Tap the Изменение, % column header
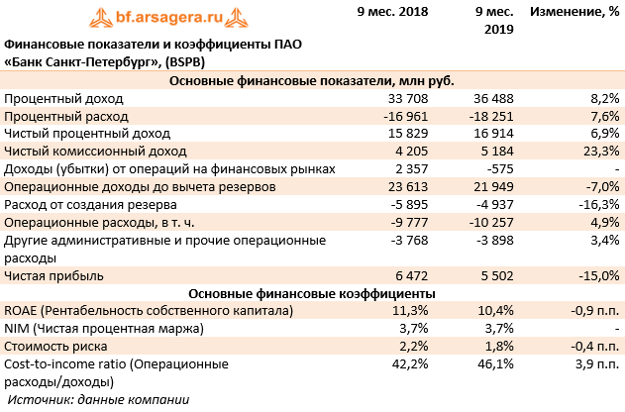[575, 12]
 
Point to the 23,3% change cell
[599, 152]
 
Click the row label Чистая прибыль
[53, 275]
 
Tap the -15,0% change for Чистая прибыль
[596, 275]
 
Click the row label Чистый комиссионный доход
[95, 152]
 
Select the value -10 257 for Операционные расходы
[489, 223]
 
